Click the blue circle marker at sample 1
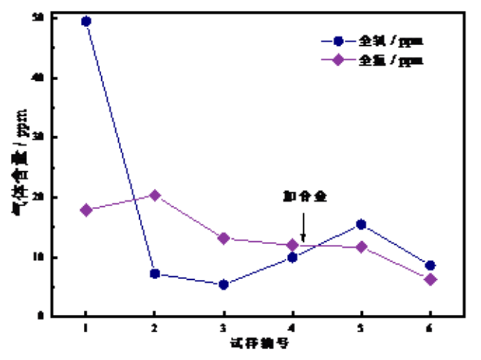[x=86, y=21]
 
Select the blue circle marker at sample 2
[x=155, y=273]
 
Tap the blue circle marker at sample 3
[x=223, y=284]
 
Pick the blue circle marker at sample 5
[x=361, y=224]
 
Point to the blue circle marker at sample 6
[x=430, y=265]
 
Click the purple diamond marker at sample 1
[x=86, y=210]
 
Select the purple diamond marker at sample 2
[x=155, y=195]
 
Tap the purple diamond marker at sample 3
[x=223, y=238]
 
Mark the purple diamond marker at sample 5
[x=361, y=247]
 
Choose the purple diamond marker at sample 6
[x=430, y=279]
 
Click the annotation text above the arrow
[x=304, y=196]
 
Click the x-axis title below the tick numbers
[x=258, y=343]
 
